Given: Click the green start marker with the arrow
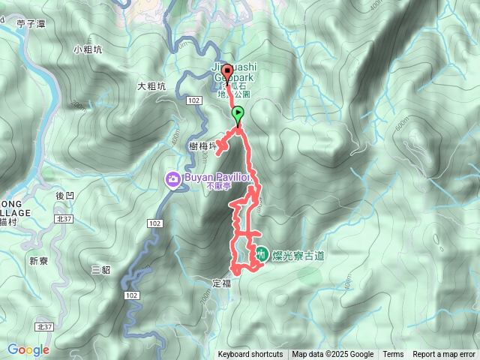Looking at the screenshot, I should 238,115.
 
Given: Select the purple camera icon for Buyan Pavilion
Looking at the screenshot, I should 172,179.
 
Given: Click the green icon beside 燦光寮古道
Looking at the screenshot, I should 261,255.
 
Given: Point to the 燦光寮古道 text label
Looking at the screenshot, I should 298,256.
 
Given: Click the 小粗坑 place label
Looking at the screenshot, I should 88,49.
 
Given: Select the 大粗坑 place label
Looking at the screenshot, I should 151,86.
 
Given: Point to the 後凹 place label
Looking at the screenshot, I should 65,195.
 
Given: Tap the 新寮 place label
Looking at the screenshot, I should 39,261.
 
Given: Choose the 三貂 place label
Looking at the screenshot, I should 100,268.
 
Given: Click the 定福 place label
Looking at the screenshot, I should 221,283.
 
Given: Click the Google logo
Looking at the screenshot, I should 28,349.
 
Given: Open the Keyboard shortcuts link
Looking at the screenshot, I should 250,355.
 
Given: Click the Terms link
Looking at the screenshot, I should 393,355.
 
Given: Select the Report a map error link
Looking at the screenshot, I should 444,355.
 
